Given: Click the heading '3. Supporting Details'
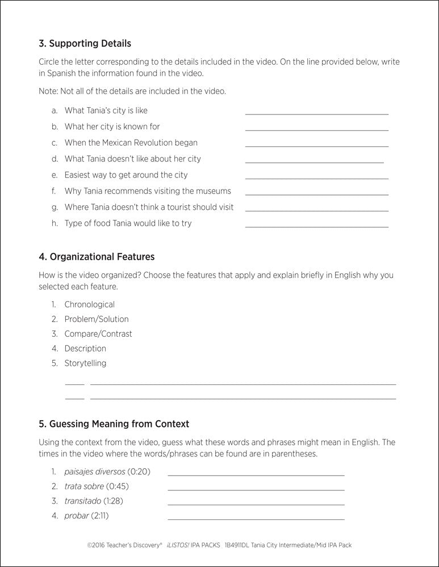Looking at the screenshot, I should point(85,44).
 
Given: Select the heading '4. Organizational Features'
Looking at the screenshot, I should point(97,257).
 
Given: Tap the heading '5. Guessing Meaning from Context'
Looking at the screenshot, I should point(114,424).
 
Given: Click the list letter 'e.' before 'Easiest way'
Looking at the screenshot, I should point(55,175).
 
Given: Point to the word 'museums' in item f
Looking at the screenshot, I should point(213,191).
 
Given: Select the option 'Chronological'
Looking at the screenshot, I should point(89,304).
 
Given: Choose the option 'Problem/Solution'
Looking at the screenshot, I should point(97,319).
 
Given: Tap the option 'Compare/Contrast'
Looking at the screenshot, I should point(98,334).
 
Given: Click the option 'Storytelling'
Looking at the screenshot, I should point(85,363).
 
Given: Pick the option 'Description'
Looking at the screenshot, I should point(85,349).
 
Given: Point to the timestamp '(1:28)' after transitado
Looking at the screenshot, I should point(113,501).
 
